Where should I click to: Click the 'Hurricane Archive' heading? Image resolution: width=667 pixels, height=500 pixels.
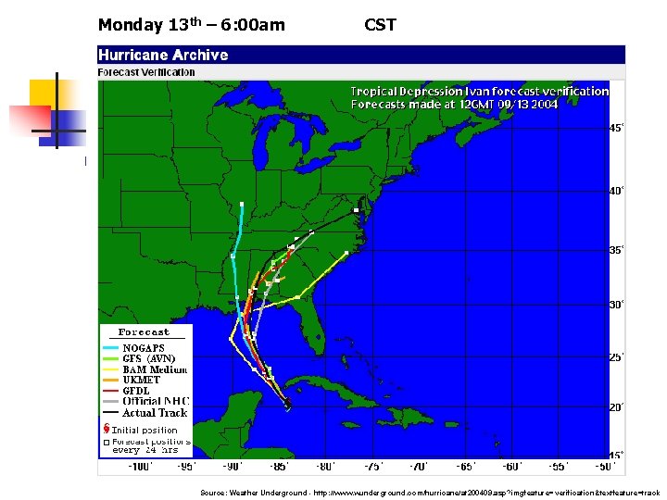[163, 55]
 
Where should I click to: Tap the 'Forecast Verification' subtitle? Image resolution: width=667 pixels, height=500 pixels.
[146, 72]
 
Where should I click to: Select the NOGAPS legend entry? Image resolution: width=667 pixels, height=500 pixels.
[144, 348]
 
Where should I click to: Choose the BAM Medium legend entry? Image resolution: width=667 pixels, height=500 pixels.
[155, 369]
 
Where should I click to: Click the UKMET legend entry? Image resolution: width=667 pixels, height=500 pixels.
[142, 380]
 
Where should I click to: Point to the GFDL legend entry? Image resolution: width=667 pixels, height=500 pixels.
[140, 391]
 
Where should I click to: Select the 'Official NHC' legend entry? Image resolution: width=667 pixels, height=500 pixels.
[154, 402]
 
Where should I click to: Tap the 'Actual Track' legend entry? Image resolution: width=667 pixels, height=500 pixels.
[155, 413]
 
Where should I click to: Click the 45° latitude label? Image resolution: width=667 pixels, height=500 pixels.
[616, 129]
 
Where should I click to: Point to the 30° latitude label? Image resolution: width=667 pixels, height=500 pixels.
[616, 305]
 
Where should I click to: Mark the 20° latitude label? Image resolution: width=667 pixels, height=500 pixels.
[616, 407]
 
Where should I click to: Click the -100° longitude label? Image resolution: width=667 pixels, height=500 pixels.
[139, 467]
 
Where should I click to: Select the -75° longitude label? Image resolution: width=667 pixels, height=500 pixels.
[372, 467]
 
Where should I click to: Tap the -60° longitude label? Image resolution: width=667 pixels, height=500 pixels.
[512, 467]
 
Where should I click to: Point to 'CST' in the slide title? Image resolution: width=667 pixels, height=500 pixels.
[380, 25]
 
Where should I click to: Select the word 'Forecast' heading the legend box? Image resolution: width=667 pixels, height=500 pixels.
[144, 331]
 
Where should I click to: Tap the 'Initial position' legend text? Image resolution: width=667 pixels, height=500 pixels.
[145, 431]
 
